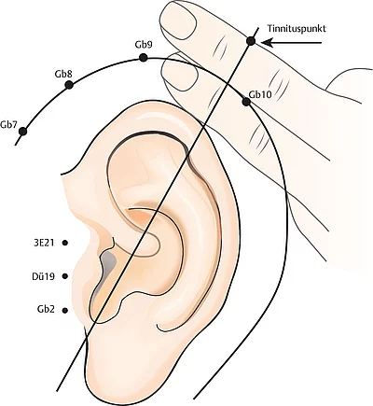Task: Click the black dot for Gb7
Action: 22,132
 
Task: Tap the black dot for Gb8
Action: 69,85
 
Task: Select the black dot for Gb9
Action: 143,58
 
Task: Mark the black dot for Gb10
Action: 246,102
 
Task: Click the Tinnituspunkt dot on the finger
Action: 251,41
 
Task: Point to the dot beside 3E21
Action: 65,243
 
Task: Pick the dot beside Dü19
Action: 65,276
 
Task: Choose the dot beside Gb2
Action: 65,310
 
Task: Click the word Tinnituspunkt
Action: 297,29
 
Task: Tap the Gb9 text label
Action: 144,45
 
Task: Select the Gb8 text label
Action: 63,75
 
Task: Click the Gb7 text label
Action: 9,124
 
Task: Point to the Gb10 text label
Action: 260,94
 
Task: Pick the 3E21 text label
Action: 44,243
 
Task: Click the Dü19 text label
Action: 44,276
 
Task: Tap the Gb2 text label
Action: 46,310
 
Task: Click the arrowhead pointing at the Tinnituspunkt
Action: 268,43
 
